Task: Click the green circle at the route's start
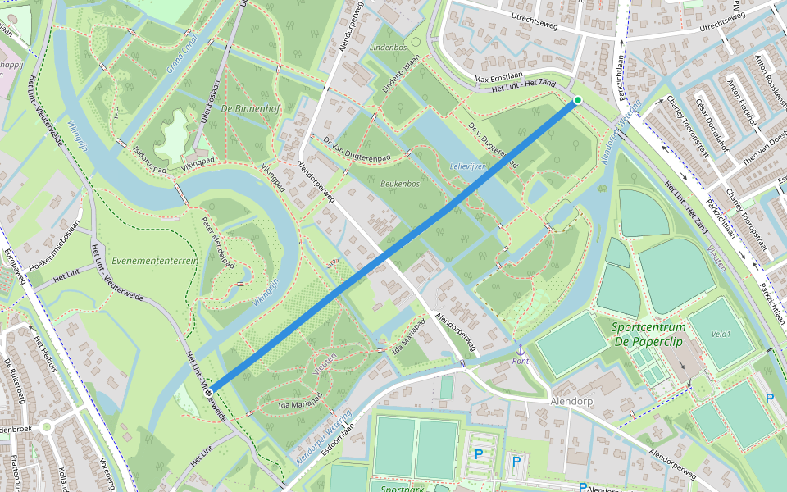pos(577,100)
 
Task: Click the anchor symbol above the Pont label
pos(519,350)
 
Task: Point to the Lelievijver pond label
pos(469,166)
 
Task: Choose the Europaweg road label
pos(16,271)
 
